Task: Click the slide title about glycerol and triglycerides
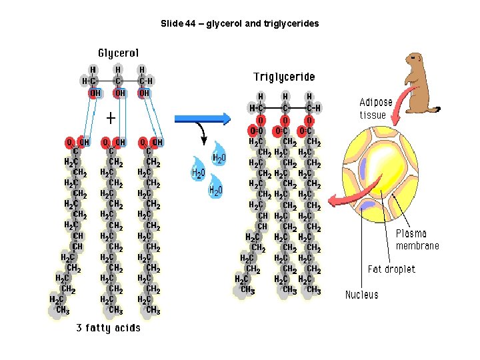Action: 240,23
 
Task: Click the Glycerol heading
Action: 119,53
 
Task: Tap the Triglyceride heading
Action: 284,77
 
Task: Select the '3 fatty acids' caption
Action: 108,327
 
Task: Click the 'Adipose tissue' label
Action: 376,108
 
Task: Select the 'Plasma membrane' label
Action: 417,239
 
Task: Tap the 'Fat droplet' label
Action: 391,269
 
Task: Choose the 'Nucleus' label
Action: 361,295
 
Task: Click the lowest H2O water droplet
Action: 215,189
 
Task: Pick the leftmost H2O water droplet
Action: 198,171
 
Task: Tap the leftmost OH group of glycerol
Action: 95,93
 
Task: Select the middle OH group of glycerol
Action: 119,93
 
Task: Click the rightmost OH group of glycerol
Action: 144,93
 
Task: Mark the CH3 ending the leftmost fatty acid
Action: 63,310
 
